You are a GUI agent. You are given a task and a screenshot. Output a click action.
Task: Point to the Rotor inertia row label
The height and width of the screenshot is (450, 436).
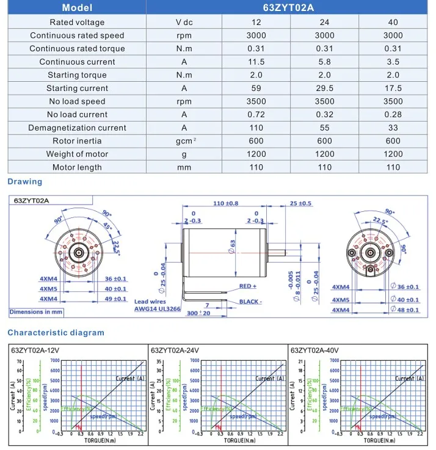[77, 141]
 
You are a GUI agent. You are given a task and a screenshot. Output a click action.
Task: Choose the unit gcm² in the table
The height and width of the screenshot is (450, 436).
[184, 141]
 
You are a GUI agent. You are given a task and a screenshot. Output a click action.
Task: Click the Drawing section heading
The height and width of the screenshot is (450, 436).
[24, 181]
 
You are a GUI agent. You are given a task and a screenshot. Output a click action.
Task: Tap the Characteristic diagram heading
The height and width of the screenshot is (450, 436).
[56, 333]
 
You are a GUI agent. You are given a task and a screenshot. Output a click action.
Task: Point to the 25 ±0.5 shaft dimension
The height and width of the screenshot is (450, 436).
[300, 203]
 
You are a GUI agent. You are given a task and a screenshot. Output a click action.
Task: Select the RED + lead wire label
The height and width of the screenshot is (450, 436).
[248, 286]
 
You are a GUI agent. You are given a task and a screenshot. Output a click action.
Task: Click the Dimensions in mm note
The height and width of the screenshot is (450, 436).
[37, 312]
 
